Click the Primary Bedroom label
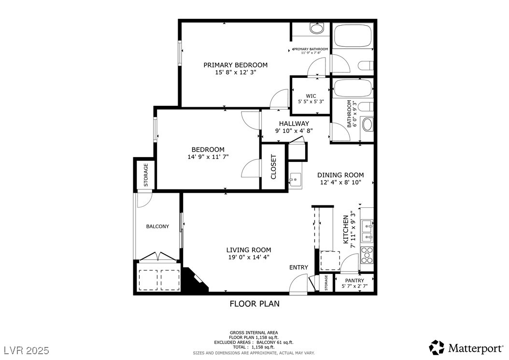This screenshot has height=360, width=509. click(235, 65)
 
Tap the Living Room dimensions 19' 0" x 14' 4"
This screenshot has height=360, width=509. click(249, 258)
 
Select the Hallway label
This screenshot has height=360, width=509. click(294, 124)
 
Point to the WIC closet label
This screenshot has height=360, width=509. click(311, 96)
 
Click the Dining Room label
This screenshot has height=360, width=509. click(340, 175)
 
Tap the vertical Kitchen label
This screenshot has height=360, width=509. click(346, 230)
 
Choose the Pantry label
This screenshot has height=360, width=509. click(354, 280)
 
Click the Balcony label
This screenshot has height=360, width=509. click(157, 227)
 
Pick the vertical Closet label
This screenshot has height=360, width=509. click(273, 167)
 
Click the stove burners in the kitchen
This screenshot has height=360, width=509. click(367, 255)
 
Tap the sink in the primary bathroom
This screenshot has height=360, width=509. click(316, 28)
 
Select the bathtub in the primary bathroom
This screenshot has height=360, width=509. click(352, 35)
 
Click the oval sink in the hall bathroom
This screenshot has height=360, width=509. click(367, 125)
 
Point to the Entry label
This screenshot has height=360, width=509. click(298, 267)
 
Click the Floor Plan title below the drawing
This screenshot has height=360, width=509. click(254, 304)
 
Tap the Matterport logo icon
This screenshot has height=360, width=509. click(437, 347)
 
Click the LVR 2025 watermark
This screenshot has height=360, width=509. click(27, 351)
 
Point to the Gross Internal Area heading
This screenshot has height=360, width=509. click(254, 333)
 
